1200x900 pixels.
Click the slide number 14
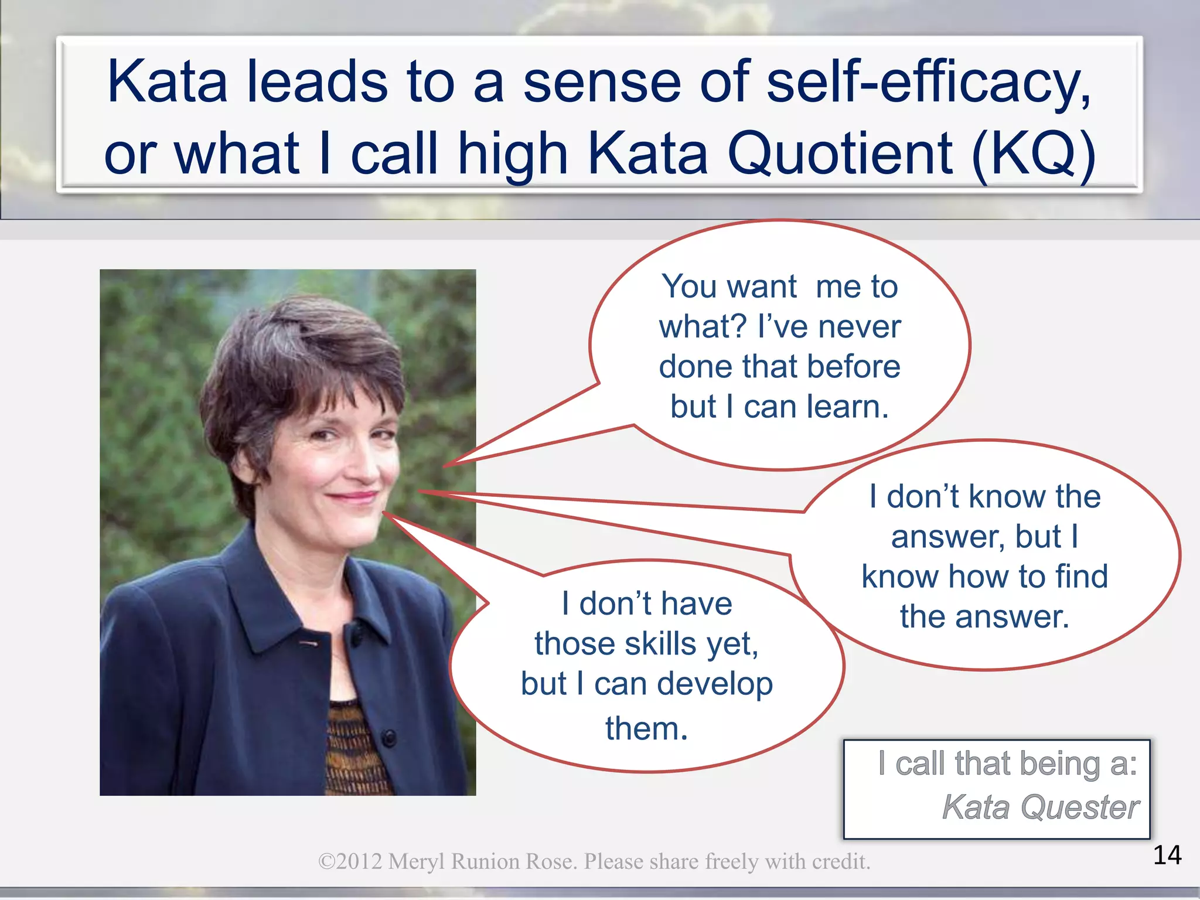(1167, 855)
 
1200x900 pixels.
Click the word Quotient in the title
(841, 154)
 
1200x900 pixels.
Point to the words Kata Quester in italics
(1041, 807)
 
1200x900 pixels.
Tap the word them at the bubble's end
(646, 729)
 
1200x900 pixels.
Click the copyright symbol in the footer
(326, 862)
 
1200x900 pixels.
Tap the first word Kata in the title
(167, 82)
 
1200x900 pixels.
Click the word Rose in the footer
(551, 862)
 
